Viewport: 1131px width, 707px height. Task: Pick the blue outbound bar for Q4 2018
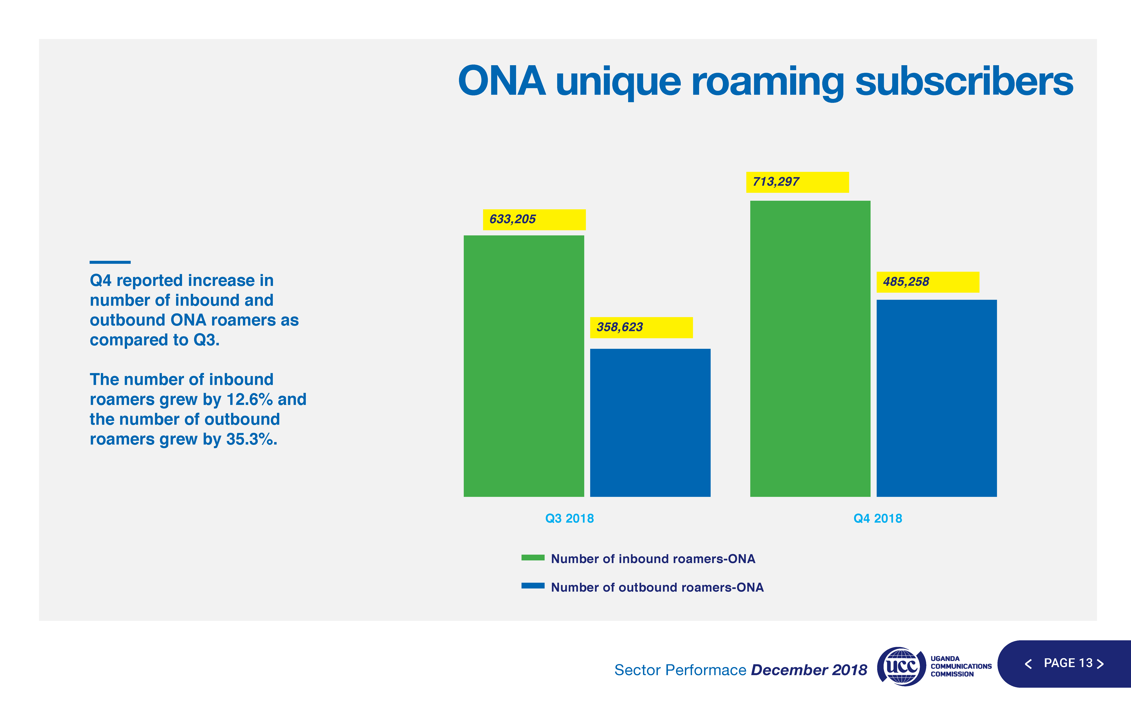pos(936,398)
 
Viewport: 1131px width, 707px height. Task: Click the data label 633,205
pos(513,219)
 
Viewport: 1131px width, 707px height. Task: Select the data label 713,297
pos(776,182)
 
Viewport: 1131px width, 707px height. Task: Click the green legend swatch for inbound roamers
pos(533,557)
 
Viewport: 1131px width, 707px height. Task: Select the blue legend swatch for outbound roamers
pos(533,586)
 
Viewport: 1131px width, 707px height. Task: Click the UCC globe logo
pos(901,666)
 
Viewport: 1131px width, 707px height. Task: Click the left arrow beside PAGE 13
pos(1028,664)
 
